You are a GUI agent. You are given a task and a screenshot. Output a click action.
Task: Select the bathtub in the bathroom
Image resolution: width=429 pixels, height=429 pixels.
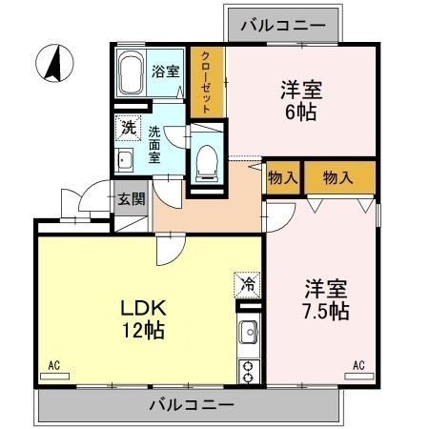[132, 73]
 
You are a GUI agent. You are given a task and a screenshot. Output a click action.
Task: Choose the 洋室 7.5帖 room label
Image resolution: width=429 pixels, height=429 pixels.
[326, 298]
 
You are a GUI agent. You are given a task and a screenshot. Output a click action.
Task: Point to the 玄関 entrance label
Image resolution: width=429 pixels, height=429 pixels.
[131, 199]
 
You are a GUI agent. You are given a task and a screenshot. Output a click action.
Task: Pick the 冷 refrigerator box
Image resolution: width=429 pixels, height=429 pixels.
[247, 283]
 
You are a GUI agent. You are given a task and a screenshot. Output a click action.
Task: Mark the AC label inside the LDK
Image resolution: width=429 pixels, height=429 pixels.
[55, 364]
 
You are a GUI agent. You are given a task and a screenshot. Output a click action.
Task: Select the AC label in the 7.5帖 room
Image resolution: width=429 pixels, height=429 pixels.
[359, 364]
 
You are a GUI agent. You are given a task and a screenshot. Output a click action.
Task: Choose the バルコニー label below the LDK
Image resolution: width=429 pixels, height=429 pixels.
[191, 405]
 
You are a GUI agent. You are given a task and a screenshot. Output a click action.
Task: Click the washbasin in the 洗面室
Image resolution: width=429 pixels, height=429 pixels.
[124, 159]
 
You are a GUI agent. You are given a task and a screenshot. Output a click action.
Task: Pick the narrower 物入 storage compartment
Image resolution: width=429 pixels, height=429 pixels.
[282, 177]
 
